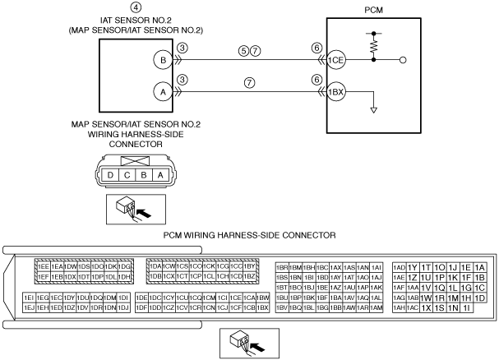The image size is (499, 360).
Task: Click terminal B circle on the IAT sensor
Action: (x=164, y=60)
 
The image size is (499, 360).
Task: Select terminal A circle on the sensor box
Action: (x=164, y=92)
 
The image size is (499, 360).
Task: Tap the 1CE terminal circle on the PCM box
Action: (x=335, y=60)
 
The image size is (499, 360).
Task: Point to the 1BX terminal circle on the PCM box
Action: (x=335, y=92)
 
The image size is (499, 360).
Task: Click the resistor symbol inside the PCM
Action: (x=374, y=48)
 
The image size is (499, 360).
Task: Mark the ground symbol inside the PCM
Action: (x=374, y=109)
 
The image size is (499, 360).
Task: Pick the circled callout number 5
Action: (x=243, y=51)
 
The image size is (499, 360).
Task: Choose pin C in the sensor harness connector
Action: (x=126, y=174)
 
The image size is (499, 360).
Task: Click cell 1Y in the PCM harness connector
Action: (x=413, y=267)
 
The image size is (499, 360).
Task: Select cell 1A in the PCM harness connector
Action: (x=480, y=267)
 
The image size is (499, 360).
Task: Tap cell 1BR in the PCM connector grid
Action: (x=282, y=267)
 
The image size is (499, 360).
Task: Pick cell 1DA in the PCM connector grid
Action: (x=155, y=266)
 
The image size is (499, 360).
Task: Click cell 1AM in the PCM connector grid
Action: (x=377, y=307)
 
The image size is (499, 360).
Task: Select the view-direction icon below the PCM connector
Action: (x=244, y=343)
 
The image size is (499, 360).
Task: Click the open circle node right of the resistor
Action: (x=402, y=60)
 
